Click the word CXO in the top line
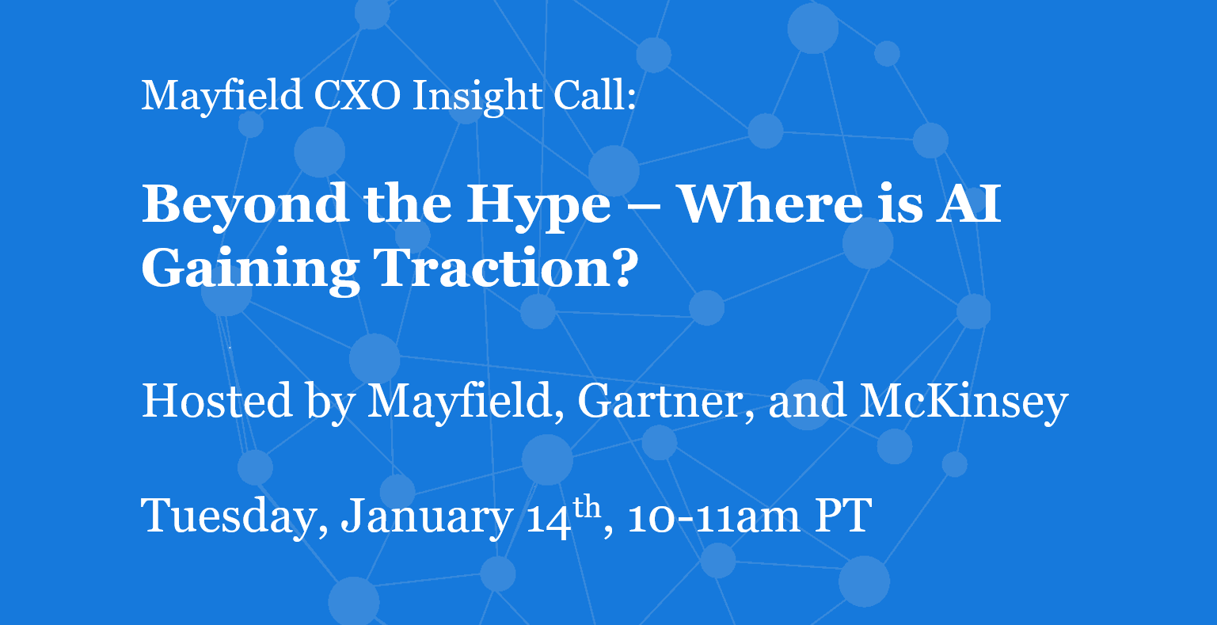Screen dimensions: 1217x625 click(x=357, y=95)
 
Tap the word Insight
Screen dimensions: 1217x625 click(x=477, y=97)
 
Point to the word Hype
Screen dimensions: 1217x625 click(x=538, y=208)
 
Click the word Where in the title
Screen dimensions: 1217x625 click(x=771, y=204)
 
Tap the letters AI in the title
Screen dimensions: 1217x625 click(x=968, y=204)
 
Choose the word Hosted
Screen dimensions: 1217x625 click(x=217, y=401)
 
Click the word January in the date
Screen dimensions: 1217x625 click(x=427, y=517)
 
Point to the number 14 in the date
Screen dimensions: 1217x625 click(x=549, y=516)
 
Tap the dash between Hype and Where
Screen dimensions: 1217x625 click(x=645, y=207)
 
